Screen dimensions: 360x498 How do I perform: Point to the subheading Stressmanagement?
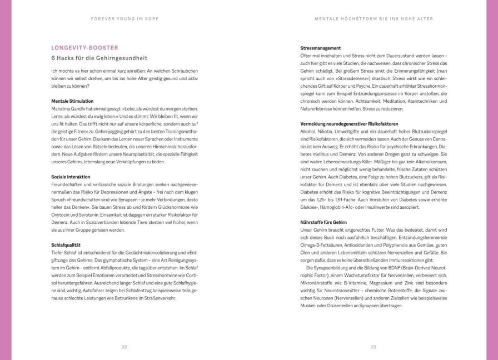click(320, 48)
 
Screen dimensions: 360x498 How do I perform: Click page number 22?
click(124, 347)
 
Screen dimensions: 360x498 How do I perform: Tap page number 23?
click(373, 347)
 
